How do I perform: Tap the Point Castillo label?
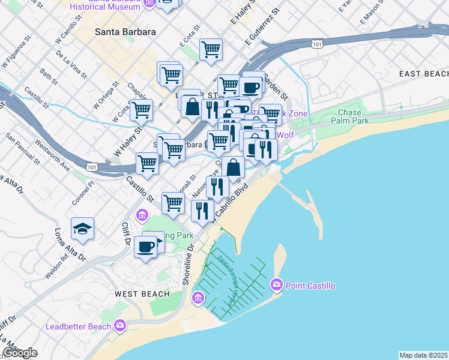(310, 286)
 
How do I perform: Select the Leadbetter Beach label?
(79, 326)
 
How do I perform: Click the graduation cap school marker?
(82, 229)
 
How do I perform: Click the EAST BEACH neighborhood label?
(423, 73)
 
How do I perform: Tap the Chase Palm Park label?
(349, 117)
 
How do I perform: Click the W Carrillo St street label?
(68, 26)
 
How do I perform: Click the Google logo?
(20, 353)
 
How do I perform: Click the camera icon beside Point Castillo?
(277, 284)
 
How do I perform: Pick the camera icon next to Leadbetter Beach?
(120, 326)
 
